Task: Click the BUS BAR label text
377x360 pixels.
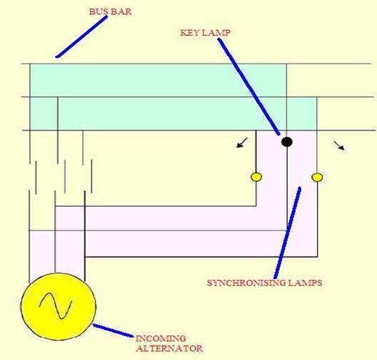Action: pyautogui.click(x=111, y=11)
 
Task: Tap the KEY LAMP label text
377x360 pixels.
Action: pyautogui.click(x=206, y=32)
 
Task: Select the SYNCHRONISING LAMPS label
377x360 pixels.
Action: pyautogui.click(x=264, y=283)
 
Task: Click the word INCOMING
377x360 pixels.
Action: pyautogui.click(x=161, y=339)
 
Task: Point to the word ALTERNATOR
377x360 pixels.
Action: pyautogui.click(x=169, y=349)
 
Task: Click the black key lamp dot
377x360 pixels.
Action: pyautogui.click(x=287, y=142)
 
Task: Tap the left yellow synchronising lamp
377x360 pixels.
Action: pyautogui.click(x=256, y=177)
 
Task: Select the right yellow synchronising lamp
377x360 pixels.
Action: pyautogui.click(x=317, y=177)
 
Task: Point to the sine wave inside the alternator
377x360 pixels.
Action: pyautogui.click(x=56, y=306)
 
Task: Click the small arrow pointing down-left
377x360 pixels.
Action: pyautogui.click(x=242, y=143)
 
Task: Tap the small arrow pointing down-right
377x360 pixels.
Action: pyautogui.click(x=339, y=146)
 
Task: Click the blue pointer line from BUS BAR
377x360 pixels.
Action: pyautogui.click(x=81, y=37)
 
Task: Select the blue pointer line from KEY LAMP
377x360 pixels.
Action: pyautogui.click(x=249, y=86)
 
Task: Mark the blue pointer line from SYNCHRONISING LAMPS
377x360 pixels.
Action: pyautogui.click(x=287, y=233)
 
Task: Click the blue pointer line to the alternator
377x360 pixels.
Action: pyautogui.click(x=114, y=331)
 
